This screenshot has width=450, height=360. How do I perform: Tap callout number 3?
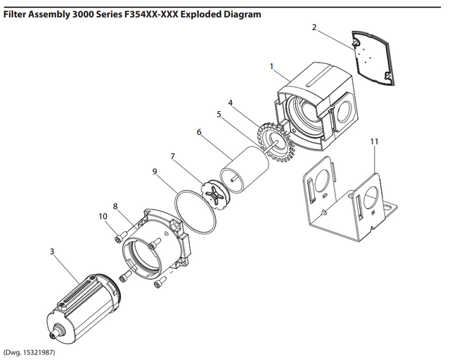coord(52,250)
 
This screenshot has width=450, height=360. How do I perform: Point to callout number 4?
coord(229,103)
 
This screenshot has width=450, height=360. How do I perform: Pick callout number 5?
coord(219,113)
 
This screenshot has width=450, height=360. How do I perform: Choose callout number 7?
coord(172,156)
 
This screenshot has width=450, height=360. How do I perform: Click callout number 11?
coord(374,141)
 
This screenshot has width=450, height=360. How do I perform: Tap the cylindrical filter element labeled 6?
coord(243,169)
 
